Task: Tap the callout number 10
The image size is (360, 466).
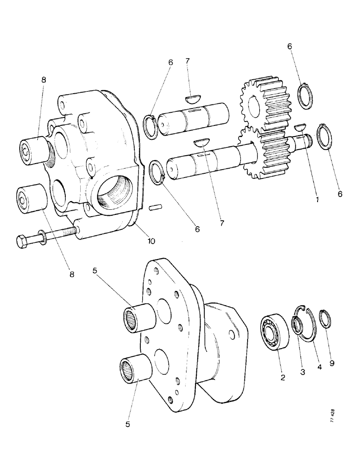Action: (x=152, y=241)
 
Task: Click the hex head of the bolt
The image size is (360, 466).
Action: (x=22, y=242)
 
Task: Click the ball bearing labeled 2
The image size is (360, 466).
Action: (x=274, y=331)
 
